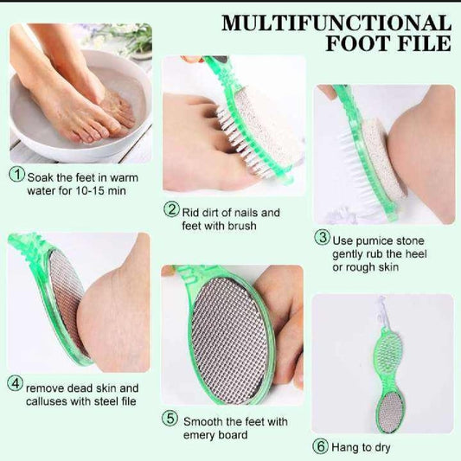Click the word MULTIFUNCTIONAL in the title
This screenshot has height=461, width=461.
pos(336,22)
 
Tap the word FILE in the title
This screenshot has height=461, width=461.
pos(421,43)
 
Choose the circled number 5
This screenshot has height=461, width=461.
pos(171,419)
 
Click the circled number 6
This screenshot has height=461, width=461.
pos(320,446)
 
